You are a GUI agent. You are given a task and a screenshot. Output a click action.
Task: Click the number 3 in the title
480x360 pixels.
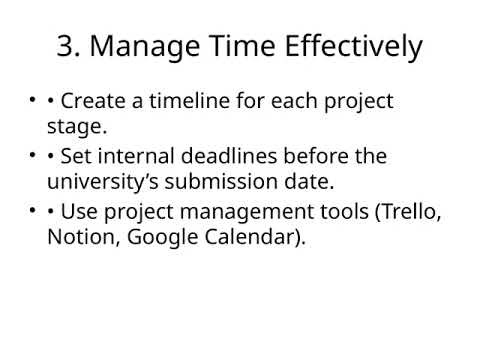[65, 46]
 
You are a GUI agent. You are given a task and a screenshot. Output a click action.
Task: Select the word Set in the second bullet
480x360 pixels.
[78, 157]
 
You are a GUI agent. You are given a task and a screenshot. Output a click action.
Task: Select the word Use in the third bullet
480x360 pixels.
[80, 212]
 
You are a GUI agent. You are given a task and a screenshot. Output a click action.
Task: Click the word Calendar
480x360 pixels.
[254, 239]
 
